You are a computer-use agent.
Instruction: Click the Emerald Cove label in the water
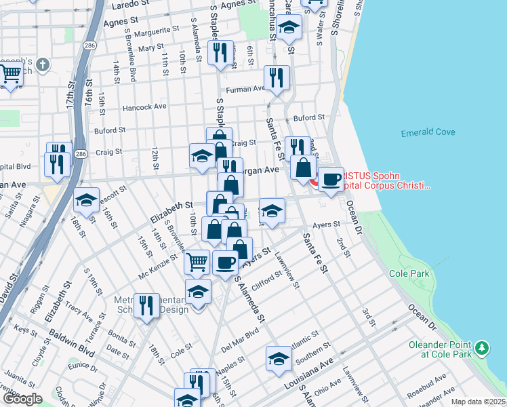tap(428, 132)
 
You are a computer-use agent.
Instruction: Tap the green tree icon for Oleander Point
tap(482, 347)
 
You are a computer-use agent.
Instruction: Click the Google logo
tap(22, 399)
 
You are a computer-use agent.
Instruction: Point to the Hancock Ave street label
tap(144, 107)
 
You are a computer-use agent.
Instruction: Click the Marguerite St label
tap(157, 30)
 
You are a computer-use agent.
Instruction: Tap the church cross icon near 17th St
tap(43, 65)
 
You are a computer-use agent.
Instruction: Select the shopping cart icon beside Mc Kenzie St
tap(197, 261)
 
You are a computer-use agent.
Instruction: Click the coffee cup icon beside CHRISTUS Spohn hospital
tap(331, 179)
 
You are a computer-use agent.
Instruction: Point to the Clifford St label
tap(268, 279)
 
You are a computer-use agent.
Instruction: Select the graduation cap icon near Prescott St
tap(86, 199)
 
